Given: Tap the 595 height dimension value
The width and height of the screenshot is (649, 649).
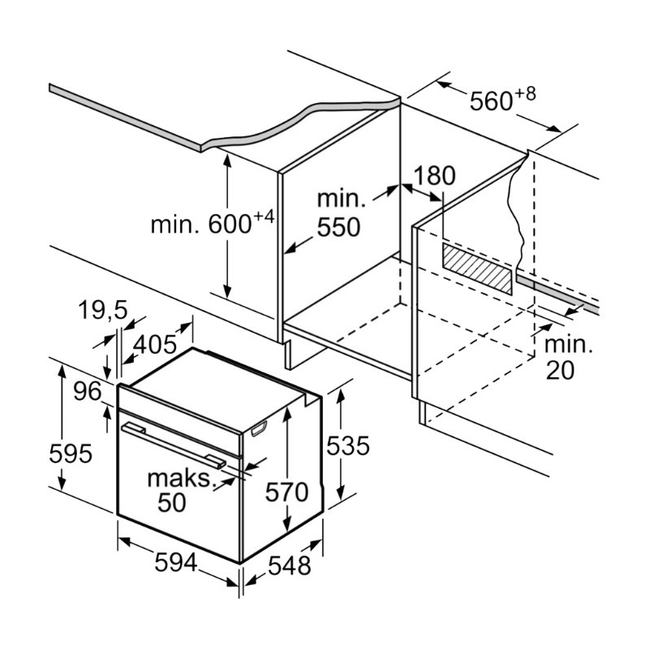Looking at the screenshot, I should coord(71,454).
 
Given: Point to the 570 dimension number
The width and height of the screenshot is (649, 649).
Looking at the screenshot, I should coord(288,492).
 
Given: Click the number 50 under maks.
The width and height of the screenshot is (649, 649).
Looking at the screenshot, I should coord(171,503).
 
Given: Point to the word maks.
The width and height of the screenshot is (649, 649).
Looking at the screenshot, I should coord(179,478).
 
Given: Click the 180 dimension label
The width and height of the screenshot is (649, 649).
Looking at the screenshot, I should coord(435,176).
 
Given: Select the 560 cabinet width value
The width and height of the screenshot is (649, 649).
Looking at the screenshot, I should coord(490,101).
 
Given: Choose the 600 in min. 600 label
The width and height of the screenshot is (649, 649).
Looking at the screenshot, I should coord(229,224).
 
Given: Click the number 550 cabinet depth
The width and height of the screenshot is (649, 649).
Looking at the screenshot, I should coord(338,227).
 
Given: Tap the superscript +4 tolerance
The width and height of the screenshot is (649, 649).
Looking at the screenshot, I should coord(264,216).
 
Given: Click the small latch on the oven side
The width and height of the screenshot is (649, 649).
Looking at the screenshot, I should coord(260,429).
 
